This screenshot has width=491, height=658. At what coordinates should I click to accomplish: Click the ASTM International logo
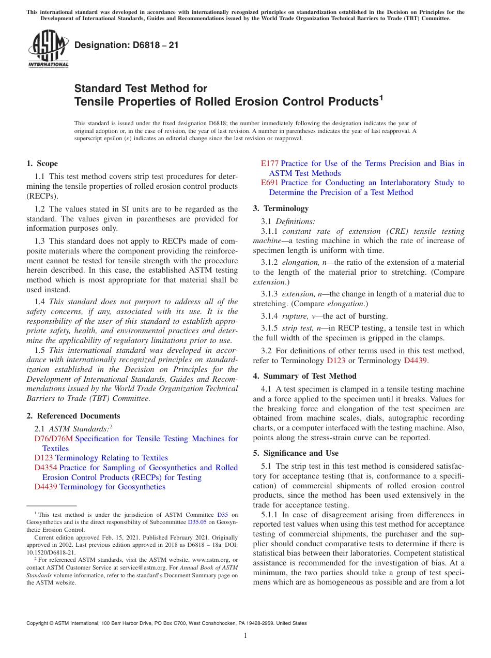(x=48, y=50)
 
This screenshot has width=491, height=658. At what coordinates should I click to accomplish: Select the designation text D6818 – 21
(x=127, y=45)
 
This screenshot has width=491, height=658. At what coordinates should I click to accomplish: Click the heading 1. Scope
(x=42, y=163)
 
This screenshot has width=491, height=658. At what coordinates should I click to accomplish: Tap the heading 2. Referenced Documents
(x=73, y=416)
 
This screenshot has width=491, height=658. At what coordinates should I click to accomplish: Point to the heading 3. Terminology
(x=281, y=208)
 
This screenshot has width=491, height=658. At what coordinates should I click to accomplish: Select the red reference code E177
(x=269, y=163)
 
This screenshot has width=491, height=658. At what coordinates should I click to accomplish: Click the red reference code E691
(x=269, y=183)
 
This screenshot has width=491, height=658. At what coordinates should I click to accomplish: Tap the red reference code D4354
(x=45, y=468)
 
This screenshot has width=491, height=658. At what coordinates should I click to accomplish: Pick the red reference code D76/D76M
(x=53, y=439)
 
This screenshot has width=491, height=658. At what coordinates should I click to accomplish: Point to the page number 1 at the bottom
(x=245, y=635)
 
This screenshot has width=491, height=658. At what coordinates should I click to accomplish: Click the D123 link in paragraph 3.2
(x=336, y=361)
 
